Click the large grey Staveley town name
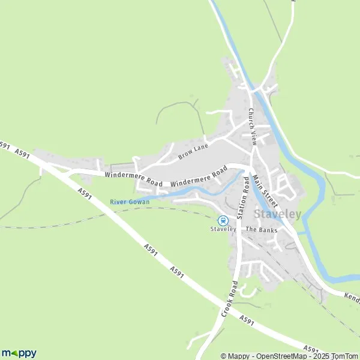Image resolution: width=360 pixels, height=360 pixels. point(278,214)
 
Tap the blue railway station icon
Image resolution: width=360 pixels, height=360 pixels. point(223,220)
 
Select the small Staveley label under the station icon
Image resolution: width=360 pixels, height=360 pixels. point(223,229)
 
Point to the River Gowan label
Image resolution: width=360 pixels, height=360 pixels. point(130,202)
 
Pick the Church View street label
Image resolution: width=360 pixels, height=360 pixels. point(253,127)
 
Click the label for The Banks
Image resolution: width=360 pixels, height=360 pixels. point(259,230)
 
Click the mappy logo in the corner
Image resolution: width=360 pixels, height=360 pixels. point(19,353)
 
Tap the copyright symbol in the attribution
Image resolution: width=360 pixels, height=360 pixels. point(224,356)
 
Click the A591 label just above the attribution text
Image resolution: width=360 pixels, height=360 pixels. point(310,348)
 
